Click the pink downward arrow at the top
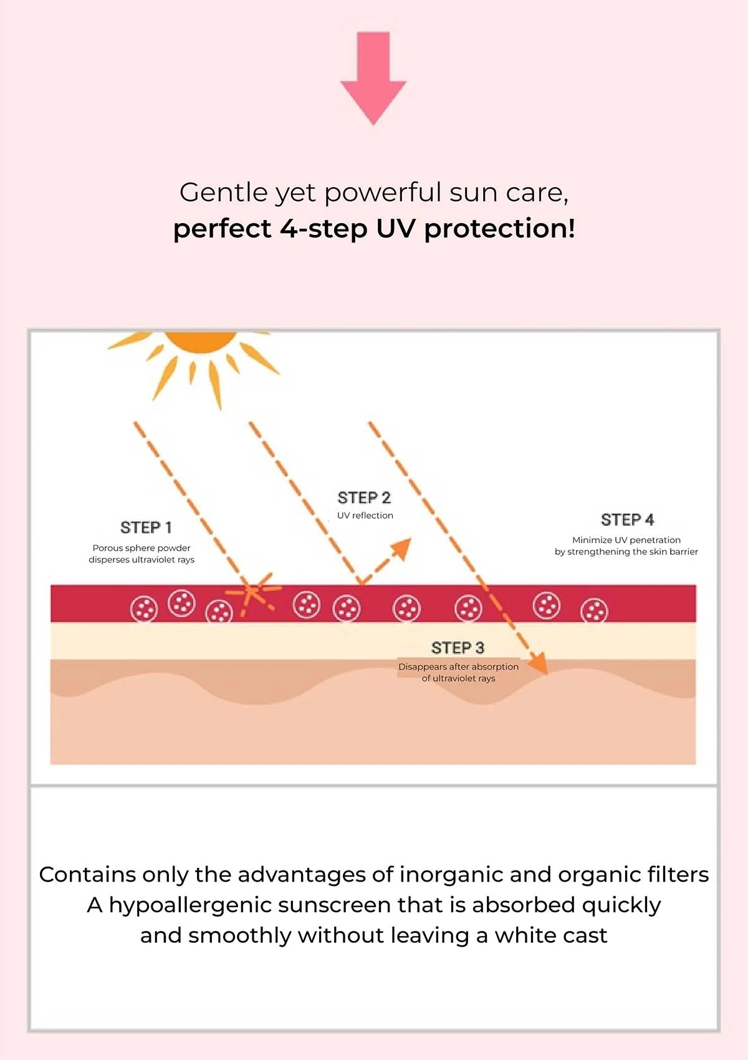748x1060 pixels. pos(373,75)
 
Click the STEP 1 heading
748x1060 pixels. pos(146,527)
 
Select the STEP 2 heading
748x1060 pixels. pos(364,498)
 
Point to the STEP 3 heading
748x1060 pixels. pos(458,647)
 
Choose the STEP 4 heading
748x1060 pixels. pos(627,519)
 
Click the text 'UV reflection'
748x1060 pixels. pos(365,515)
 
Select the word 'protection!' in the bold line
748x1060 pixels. pos(500,229)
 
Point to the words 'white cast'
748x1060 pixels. pos(550,936)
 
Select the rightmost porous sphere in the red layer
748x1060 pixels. pos(594,610)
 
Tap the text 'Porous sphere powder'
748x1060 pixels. pos(141,548)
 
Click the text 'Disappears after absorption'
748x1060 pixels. pos(458,667)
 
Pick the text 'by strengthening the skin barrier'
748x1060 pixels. pos(626,552)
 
